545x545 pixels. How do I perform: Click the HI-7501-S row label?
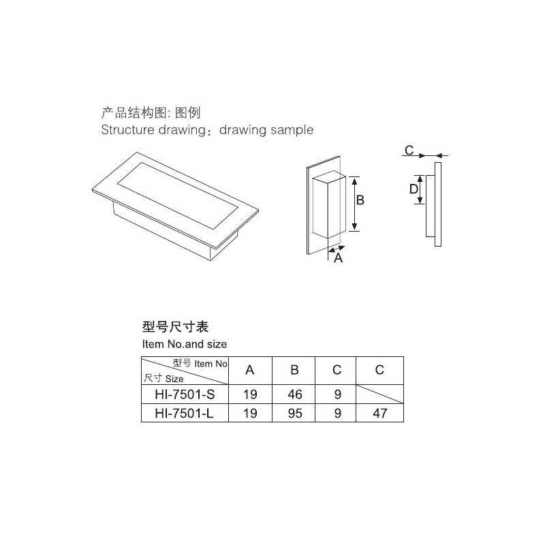pos(185,394)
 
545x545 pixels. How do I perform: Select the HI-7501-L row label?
pos(184,414)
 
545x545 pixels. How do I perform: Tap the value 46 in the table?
pos(295,394)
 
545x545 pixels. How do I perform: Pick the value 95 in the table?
pos(295,414)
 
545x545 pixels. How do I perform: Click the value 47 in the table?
pos(380,414)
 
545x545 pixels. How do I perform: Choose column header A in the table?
pos(249,370)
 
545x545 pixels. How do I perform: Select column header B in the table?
pos(294,370)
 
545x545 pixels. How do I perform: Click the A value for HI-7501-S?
pos(250,394)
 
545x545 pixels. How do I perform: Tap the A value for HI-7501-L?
pos(250,414)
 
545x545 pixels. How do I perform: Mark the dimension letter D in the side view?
pos(414,189)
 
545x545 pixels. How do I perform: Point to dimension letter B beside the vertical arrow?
pos(360,200)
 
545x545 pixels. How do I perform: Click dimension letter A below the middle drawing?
pos(338,258)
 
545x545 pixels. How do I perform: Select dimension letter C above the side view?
pos(409,150)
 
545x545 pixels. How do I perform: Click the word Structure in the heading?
pos(127,129)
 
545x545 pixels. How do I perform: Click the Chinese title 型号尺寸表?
pos(175,327)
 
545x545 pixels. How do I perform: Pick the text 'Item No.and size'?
pos(185,344)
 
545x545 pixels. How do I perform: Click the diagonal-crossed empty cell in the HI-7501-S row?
pos(380,394)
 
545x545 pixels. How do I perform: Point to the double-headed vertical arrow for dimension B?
pos(354,204)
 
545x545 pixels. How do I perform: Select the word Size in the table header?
pos(174,379)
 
